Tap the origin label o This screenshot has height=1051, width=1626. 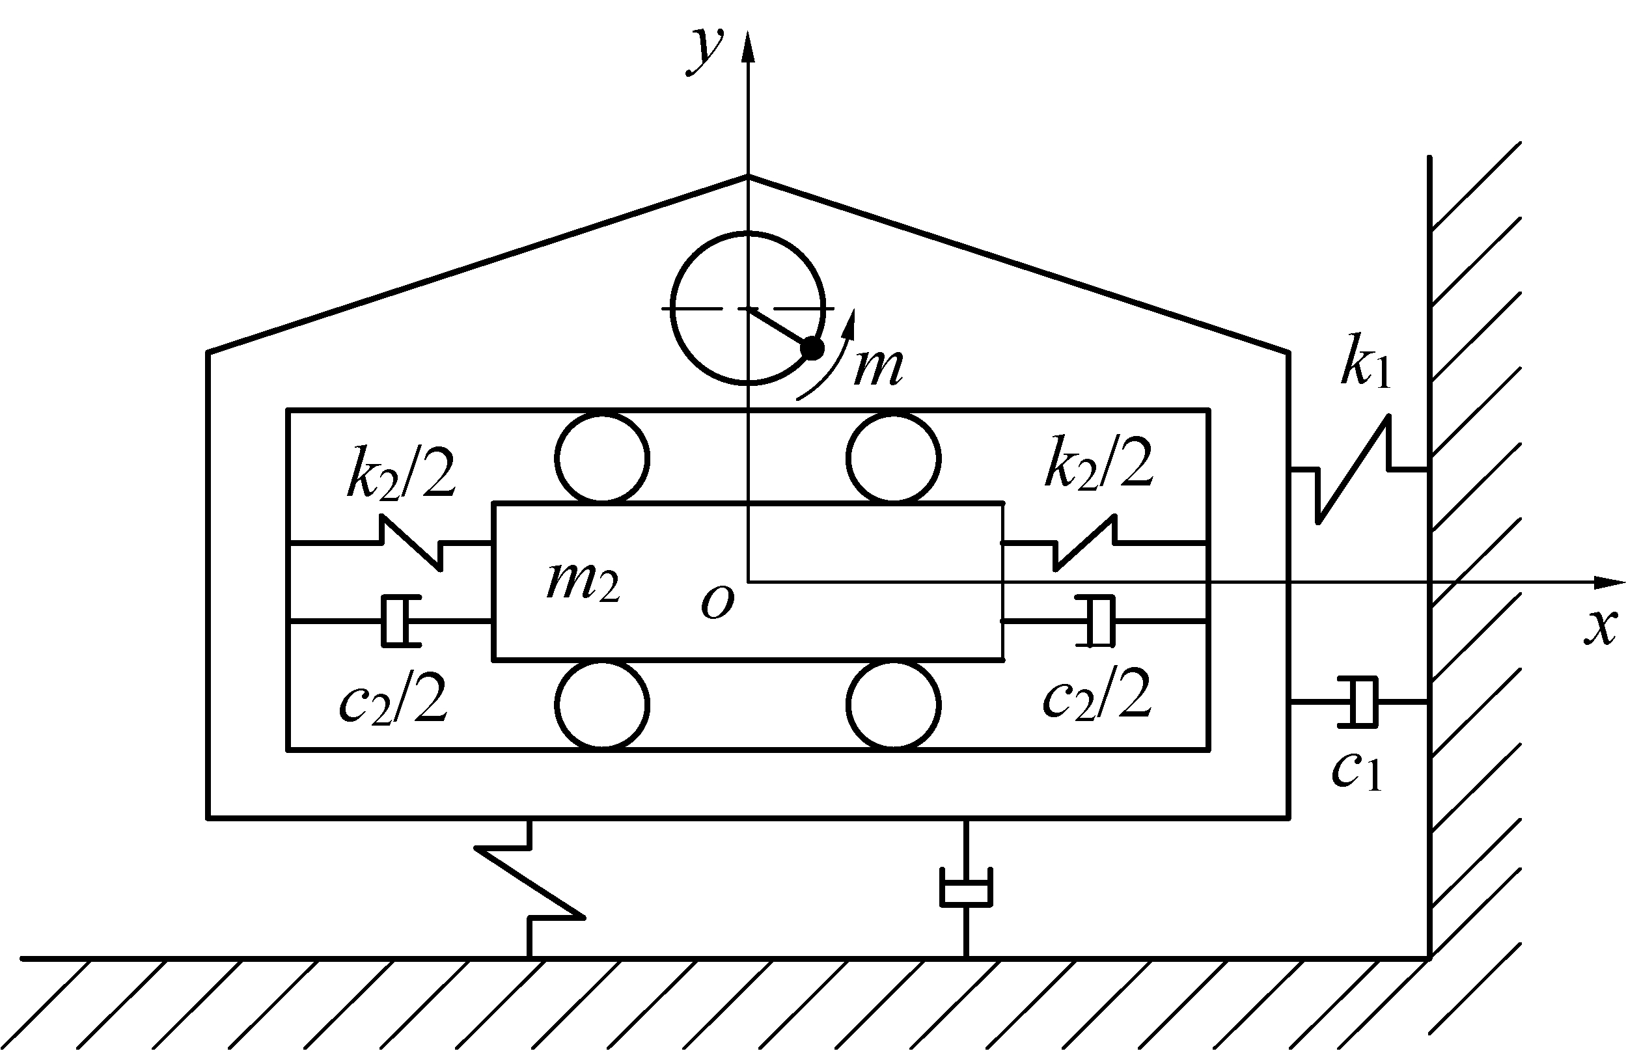coord(717,603)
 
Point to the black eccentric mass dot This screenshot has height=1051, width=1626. coord(812,349)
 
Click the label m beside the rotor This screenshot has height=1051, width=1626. coord(879,366)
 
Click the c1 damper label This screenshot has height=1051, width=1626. coord(1357,770)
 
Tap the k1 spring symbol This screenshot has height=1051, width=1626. coord(1355,471)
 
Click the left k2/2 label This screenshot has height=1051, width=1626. coord(402,470)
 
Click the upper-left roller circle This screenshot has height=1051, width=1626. coord(602,458)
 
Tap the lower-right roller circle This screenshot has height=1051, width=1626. coord(893,704)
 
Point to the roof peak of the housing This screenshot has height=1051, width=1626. coord(748,177)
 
